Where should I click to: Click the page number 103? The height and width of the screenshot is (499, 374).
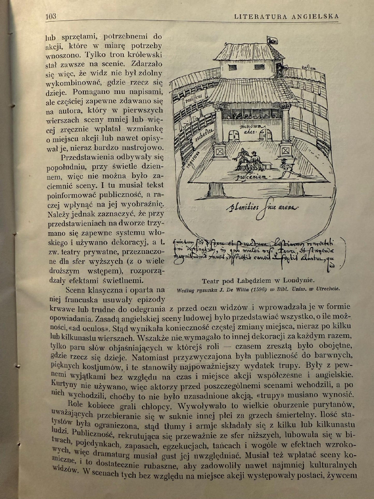point(51,17)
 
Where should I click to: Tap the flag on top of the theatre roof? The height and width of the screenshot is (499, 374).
point(272,40)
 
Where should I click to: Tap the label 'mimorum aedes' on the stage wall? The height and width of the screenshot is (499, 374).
point(251,128)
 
